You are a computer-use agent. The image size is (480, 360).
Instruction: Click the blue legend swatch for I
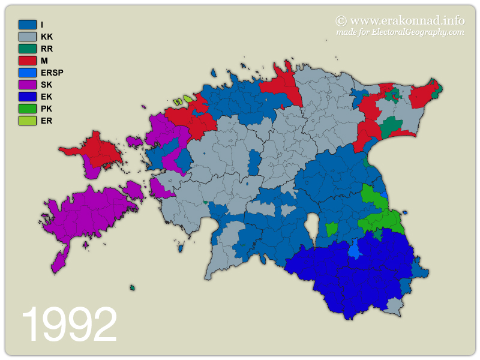tap(28, 25)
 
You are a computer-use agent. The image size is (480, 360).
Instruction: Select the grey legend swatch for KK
tap(28, 37)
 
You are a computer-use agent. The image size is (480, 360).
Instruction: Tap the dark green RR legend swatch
tap(28, 49)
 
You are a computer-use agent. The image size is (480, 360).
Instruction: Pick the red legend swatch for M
tap(28, 61)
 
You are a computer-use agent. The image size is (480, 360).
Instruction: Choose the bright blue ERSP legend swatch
tap(28, 73)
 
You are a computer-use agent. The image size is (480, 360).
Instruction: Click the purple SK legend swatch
tap(28, 85)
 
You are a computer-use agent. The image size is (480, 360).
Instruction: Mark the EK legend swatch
tap(28, 97)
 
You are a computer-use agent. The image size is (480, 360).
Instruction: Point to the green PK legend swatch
tap(28, 109)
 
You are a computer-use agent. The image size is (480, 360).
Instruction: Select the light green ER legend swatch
tap(28, 121)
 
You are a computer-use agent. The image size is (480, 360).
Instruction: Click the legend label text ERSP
tap(52, 73)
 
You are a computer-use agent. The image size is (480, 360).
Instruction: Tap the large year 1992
tap(69, 325)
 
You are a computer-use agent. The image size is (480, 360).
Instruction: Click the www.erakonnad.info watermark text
tap(400, 20)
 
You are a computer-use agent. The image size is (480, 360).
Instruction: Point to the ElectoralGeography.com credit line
tap(400, 32)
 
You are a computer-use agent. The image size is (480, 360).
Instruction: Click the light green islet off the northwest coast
tap(188, 98)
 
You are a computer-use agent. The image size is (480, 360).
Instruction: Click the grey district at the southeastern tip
tap(394, 307)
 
